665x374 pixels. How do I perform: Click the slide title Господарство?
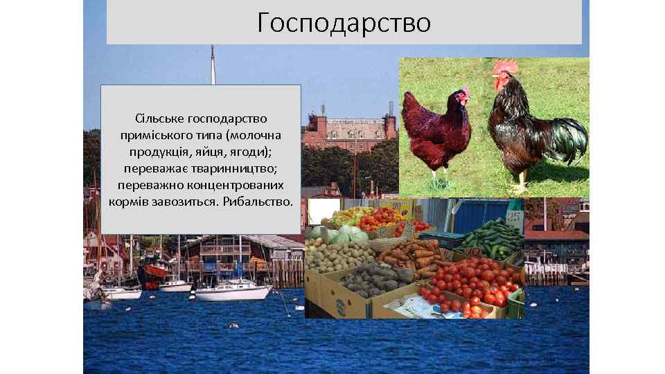(344, 22)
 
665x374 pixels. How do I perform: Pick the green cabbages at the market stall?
(344, 234)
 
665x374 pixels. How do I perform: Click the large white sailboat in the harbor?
(233, 291)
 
